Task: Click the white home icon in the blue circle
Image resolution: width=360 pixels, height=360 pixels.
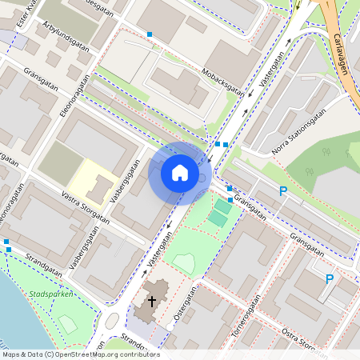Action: (x=179, y=172)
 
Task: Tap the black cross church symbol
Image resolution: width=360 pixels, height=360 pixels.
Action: (x=152, y=302)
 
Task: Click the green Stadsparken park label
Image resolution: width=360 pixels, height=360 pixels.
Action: (x=50, y=294)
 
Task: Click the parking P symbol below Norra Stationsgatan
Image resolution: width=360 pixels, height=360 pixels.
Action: (x=282, y=191)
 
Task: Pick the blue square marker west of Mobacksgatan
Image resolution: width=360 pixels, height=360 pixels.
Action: (x=150, y=34)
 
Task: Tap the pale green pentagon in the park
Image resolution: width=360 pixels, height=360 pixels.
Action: (x=184, y=262)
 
